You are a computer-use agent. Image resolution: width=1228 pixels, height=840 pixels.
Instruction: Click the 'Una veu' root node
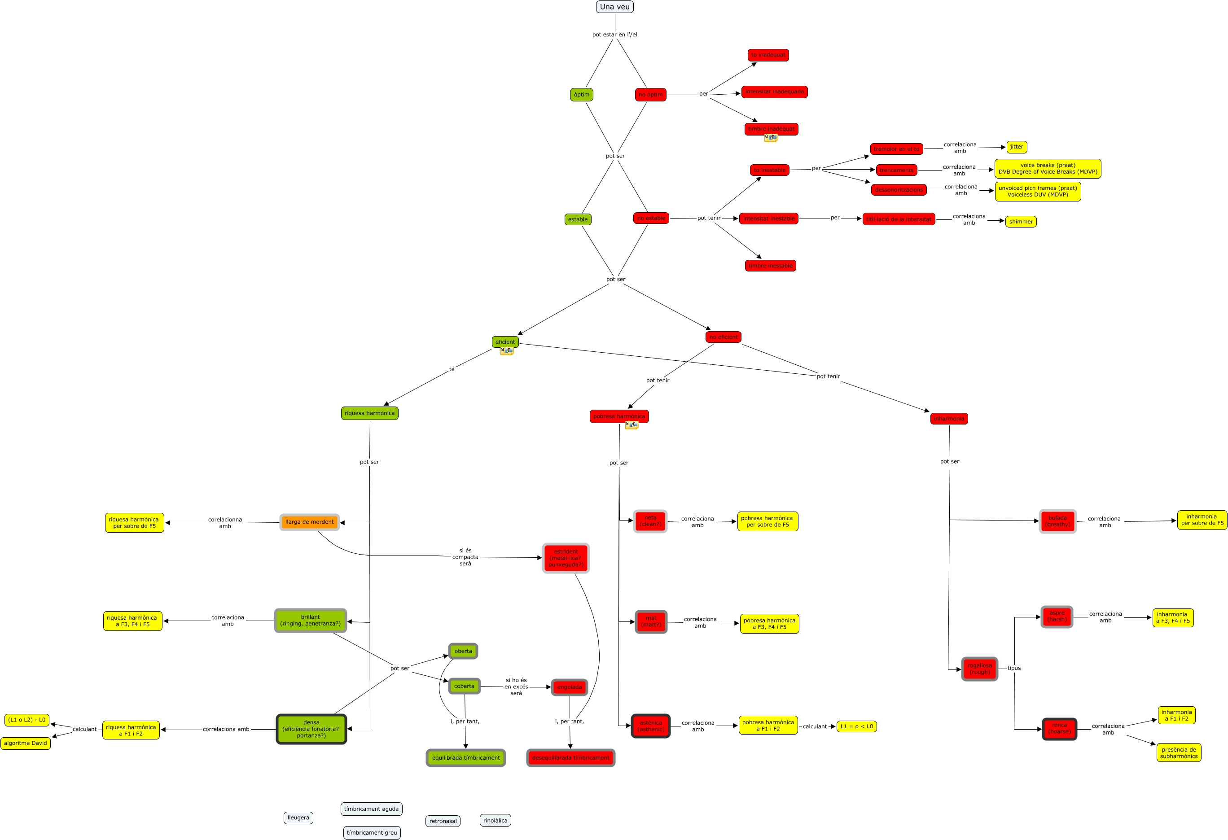click(614, 7)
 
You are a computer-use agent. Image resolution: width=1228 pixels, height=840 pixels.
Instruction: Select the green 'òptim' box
click(581, 95)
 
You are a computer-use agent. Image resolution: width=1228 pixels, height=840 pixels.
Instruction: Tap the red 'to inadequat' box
click(768, 55)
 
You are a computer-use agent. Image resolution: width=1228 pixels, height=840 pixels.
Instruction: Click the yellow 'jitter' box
click(1016, 147)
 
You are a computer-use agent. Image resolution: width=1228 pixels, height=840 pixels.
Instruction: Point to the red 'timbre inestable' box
click(770, 266)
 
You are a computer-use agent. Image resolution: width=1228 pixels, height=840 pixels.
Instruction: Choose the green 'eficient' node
click(504, 342)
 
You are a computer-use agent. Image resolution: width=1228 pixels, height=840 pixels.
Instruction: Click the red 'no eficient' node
click(723, 337)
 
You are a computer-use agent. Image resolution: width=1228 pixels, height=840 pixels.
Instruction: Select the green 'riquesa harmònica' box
click(369, 413)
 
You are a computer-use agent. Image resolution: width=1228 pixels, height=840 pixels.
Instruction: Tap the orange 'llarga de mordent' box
click(309, 522)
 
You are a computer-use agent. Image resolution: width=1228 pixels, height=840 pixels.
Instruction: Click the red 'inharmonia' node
click(948, 418)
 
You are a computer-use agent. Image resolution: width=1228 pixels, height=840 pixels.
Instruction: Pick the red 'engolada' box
click(569, 687)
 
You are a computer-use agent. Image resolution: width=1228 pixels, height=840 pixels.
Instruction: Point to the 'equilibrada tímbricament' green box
click(465, 757)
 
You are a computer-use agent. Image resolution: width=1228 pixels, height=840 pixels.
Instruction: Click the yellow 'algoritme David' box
click(26, 744)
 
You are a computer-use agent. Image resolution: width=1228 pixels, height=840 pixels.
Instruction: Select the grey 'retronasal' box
click(443, 821)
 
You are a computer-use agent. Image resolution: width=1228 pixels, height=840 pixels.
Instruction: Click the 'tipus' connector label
click(1013, 668)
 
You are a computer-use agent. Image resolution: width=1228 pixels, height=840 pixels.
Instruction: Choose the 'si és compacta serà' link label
click(465, 557)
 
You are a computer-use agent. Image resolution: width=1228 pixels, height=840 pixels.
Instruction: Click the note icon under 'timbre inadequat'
click(770, 138)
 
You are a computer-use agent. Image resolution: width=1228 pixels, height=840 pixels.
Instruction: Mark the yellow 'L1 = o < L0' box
click(856, 726)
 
